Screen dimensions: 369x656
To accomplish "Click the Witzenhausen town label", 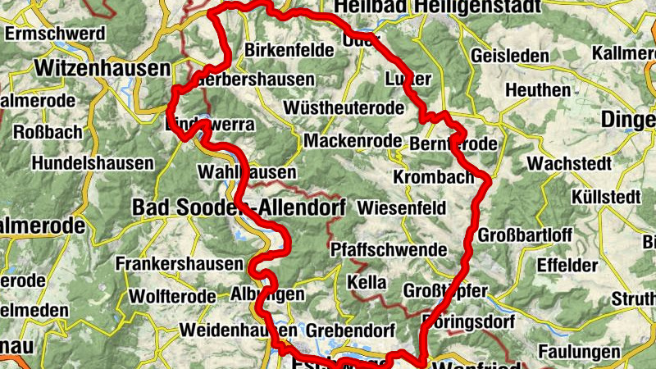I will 102,67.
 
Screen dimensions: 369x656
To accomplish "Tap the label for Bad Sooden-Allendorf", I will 239,207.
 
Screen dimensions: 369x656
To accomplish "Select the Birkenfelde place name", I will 289,50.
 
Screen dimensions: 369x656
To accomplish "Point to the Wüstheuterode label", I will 343,108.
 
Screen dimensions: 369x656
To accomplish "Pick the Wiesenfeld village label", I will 403,207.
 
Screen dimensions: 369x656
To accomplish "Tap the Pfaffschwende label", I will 389,249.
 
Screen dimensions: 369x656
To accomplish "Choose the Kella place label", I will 367,282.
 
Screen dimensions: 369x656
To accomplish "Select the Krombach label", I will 434,178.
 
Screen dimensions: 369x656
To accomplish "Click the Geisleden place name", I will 511,57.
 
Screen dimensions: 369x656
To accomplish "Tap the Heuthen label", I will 539,89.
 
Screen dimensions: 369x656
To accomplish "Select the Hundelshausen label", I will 93,163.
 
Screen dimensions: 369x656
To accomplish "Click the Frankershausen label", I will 180,264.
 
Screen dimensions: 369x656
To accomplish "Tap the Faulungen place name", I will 579,352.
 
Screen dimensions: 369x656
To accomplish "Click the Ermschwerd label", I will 55,34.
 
